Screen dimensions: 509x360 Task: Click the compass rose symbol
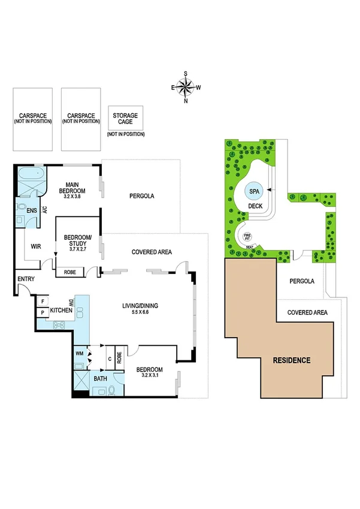coord(186,88)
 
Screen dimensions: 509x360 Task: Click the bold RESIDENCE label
coord(292,360)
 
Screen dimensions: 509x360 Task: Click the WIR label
coord(35,246)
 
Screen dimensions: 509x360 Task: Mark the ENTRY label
coord(26,279)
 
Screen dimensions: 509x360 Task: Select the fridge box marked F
coord(44,302)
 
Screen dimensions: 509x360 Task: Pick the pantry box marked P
coord(44,312)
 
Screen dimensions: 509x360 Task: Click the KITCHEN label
coord(61,310)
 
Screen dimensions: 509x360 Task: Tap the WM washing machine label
coord(80,354)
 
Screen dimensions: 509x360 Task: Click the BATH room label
coord(99,380)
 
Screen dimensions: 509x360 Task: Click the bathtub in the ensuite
coord(31,174)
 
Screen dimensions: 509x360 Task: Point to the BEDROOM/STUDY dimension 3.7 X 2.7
coord(77,251)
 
